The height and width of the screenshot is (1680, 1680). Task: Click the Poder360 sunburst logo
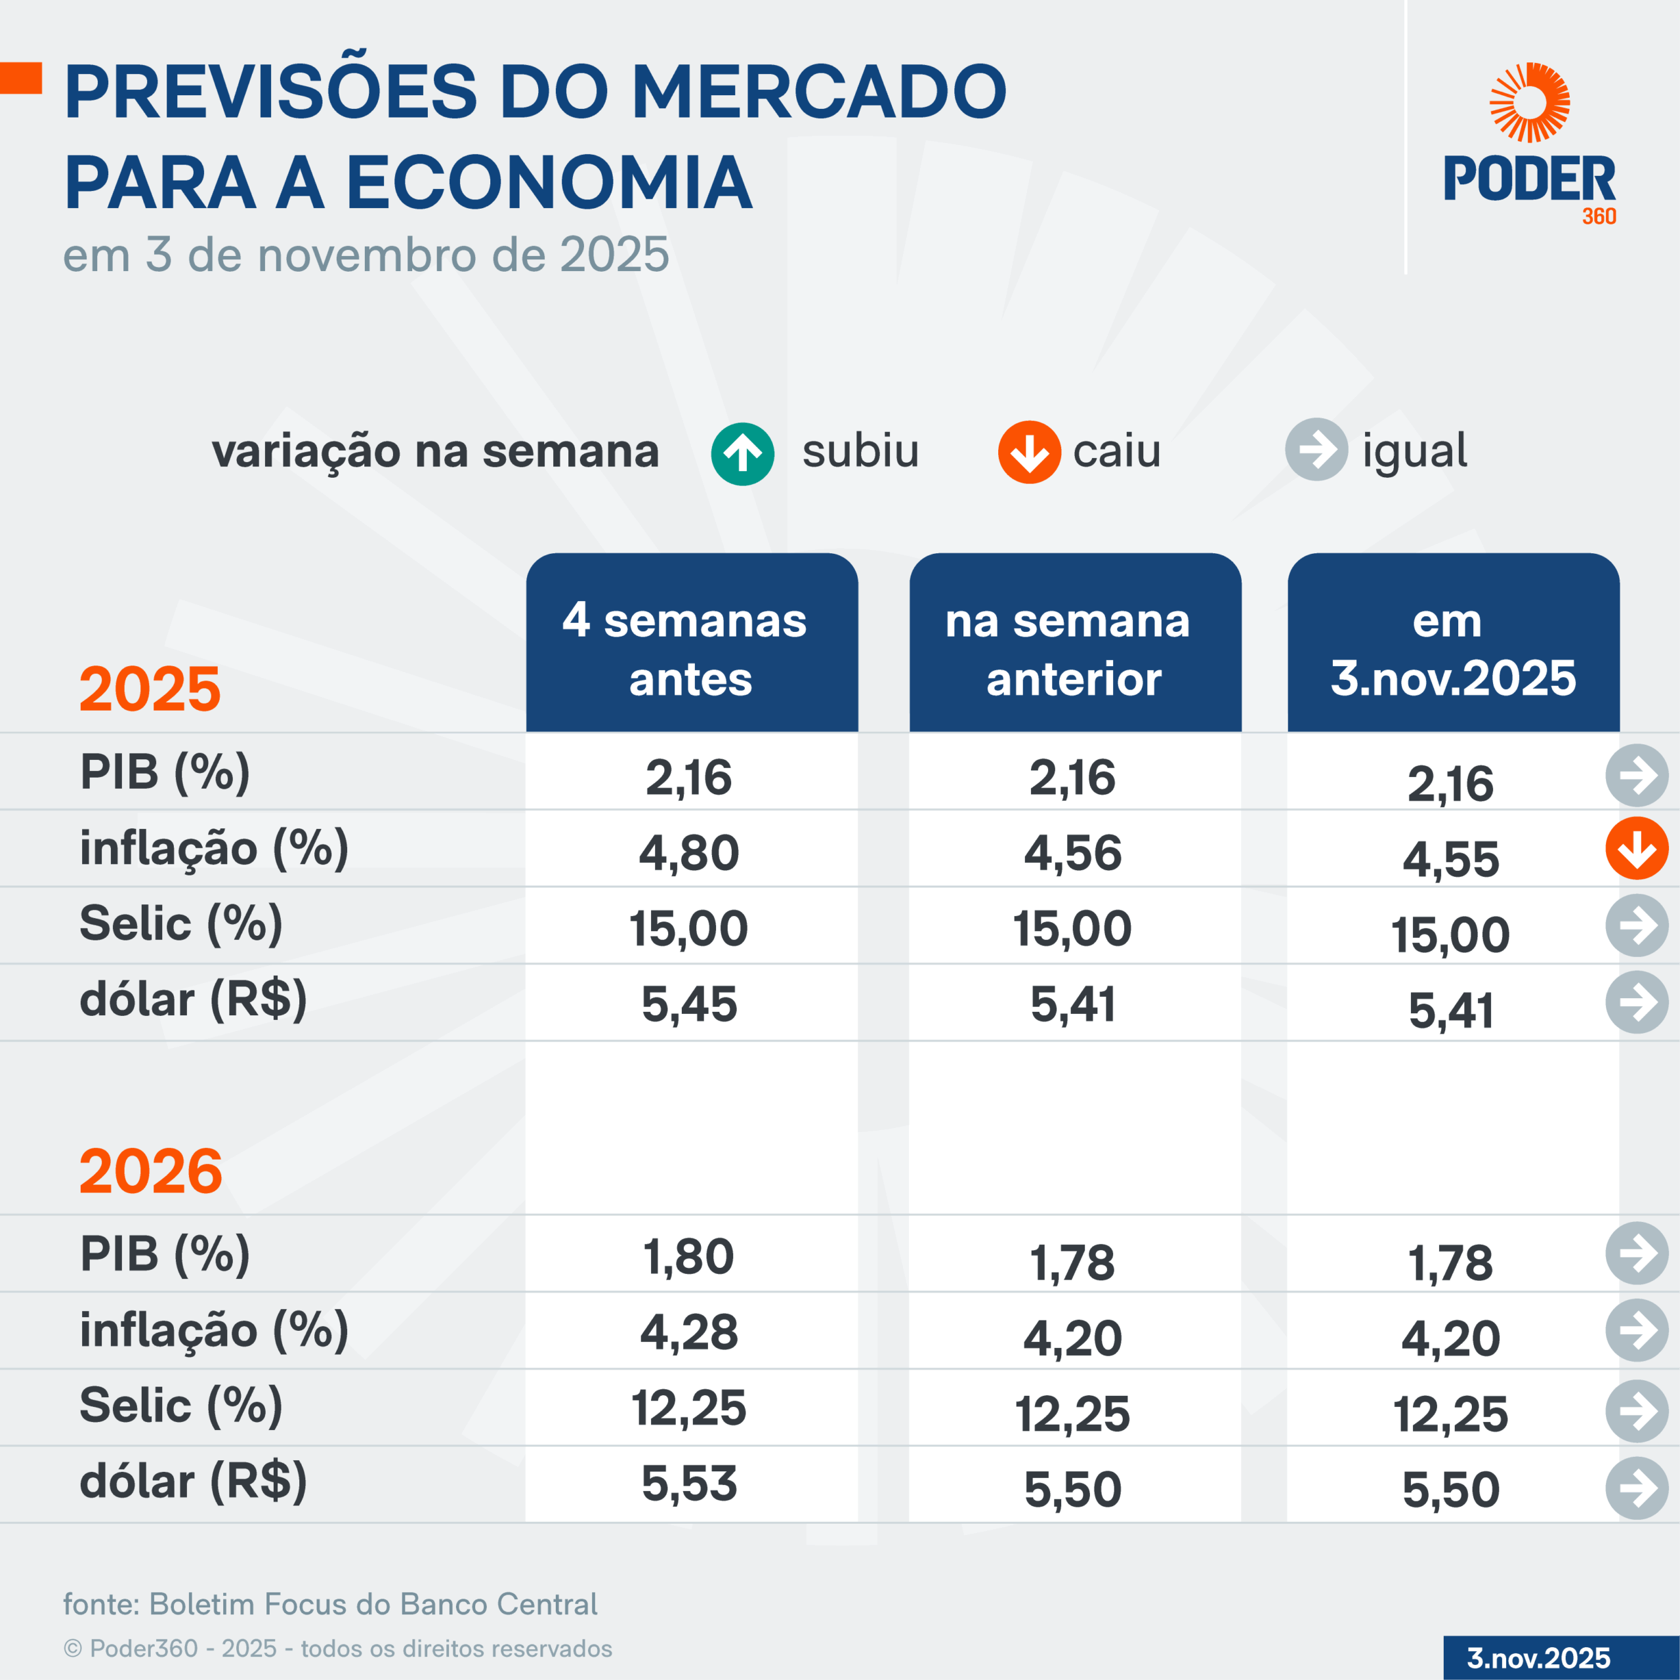(x=1530, y=102)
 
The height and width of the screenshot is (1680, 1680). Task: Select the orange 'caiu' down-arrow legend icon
(x=1029, y=452)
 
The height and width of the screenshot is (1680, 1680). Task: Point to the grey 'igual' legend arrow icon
(x=1316, y=450)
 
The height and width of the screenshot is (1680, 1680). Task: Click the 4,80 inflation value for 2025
(x=690, y=853)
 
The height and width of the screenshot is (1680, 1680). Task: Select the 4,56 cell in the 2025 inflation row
(x=1073, y=853)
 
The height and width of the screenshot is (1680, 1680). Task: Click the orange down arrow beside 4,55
(x=1637, y=849)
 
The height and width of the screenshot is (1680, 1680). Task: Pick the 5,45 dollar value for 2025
(x=690, y=1004)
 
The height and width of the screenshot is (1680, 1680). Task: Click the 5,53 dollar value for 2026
(x=690, y=1484)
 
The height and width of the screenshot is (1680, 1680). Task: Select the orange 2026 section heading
(x=150, y=1171)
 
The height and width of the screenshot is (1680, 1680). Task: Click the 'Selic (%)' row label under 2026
(x=181, y=1406)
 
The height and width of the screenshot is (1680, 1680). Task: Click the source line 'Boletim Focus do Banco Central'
(x=331, y=1603)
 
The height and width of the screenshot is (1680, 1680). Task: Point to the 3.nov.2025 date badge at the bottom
(x=1539, y=1658)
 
